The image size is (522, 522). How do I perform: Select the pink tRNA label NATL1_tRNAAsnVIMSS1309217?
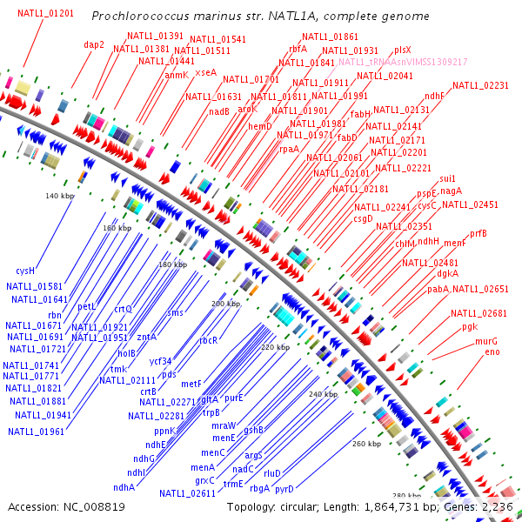pyautogui.click(x=403, y=63)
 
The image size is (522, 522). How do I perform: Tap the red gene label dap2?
pyautogui.click(x=94, y=44)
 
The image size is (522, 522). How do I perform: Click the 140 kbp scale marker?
pyautogui.click(x=58, y=196)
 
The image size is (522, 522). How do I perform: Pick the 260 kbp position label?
pyautogui.click(x=367, y=444)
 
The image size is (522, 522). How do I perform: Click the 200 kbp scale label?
pyautogui.click(x=225, y=304)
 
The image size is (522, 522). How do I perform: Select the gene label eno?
pyautogui.click(x=492, y=351)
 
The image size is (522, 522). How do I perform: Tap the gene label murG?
pyautogui.click(x=486, y=341)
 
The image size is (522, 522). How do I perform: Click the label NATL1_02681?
pyautogui.click(x=478, y=313)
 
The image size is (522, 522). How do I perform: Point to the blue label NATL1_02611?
pyautogui.click(x=187, y=493)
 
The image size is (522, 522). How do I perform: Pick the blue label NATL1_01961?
pyautogui.click(x=40, y=431)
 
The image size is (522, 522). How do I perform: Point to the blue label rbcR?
pyautogui.click(x=208, y=340)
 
